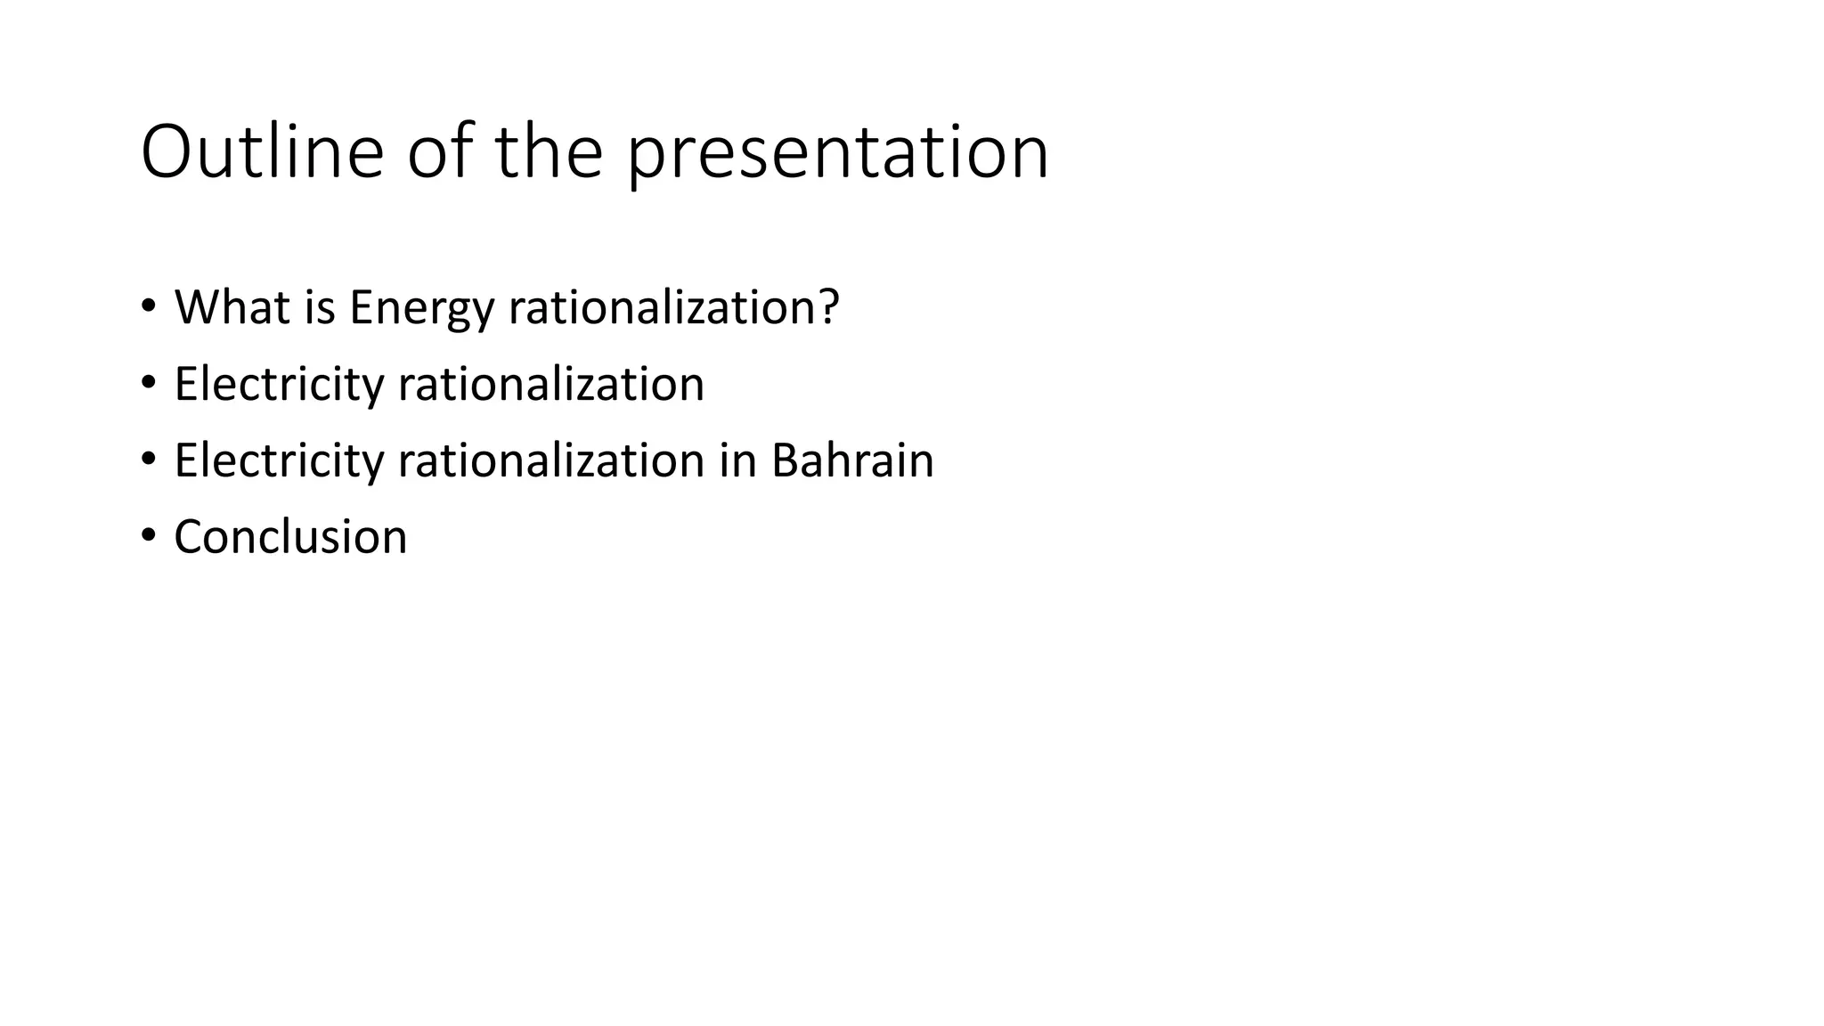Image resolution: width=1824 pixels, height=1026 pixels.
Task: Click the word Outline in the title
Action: coord(262,152)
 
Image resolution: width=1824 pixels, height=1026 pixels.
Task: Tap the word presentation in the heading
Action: coord(838,154)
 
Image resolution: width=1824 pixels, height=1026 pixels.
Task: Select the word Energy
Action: coord(421,309)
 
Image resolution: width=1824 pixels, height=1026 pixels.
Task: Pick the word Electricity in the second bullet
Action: coord(279,385)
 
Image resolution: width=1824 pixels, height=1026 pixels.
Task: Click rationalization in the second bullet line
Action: coord(551,385)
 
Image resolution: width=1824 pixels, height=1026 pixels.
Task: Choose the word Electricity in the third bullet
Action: coord(279,461)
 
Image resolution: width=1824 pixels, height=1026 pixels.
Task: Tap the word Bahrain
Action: coord(852,461)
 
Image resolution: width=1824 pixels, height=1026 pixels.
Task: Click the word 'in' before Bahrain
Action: coord(737,461)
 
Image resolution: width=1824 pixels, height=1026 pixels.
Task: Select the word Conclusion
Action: coord(290,538)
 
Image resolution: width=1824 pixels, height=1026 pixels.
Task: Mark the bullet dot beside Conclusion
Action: coord(148,536)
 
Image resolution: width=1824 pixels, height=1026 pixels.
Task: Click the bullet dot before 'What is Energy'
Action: coord(148,306)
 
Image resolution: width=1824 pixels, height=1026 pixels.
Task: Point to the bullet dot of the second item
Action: coord(148,383)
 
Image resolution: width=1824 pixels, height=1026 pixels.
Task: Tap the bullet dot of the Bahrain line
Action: coord(148,460)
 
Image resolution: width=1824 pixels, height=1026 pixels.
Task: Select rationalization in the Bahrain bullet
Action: coord(551,461)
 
